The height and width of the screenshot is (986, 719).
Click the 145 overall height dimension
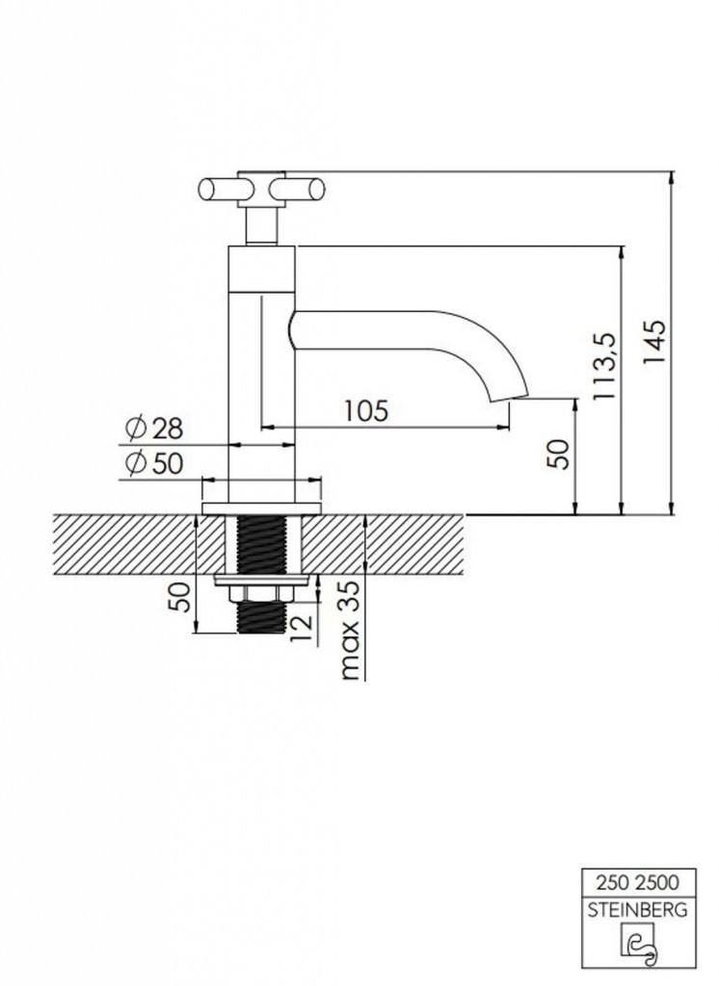[x=655, y=342]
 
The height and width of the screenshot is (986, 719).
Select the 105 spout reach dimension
[x=367, y=411]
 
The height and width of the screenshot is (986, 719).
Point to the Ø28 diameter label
[x=154, y=428]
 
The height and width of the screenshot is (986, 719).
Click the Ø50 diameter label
[x=154, y=463]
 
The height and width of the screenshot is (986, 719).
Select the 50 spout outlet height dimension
[x=558, y=454]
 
